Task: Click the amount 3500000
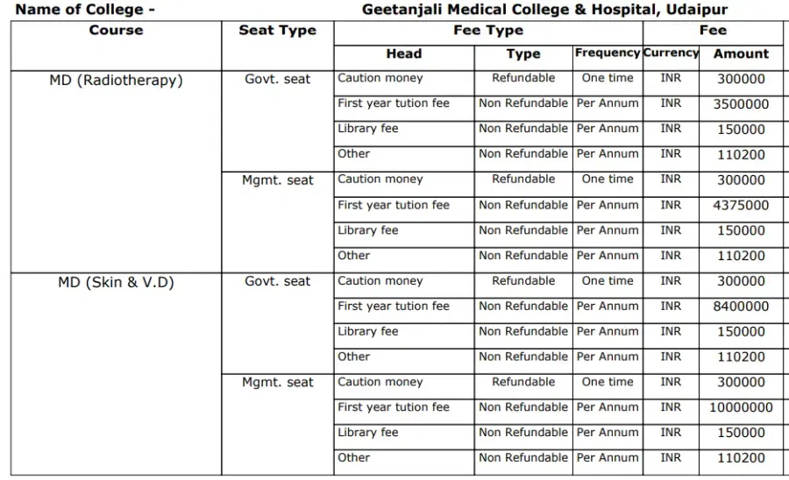741,104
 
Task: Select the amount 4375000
741,206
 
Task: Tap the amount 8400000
741,307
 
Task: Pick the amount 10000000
741,408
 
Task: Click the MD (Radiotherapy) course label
116,81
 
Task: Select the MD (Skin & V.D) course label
116,283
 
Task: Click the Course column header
116,30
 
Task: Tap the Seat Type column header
277,30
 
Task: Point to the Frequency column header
608,53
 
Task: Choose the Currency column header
671,53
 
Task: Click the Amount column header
741,53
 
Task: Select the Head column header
403,53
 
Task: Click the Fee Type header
488,30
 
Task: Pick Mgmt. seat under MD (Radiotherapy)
277,180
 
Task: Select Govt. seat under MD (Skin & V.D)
277,281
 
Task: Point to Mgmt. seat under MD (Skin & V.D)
277,383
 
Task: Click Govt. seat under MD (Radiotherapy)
277,79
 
